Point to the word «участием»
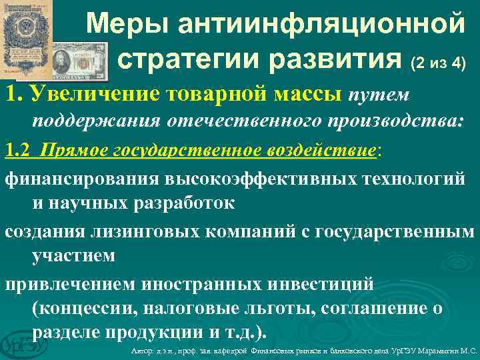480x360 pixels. pos(73,255)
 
